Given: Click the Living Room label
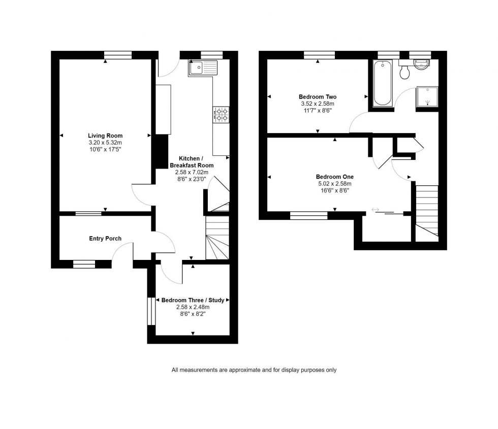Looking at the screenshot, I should [105, 136].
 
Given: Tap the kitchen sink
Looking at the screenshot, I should [202, 67].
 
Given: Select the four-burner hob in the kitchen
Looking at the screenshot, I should [221, 114].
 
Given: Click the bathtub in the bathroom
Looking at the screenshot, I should [382, 83].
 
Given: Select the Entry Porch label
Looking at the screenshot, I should [105, 239].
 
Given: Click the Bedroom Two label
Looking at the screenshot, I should [318, 97].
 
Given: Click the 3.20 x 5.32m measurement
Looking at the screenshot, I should [105, 143].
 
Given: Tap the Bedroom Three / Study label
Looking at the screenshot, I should [193, 300].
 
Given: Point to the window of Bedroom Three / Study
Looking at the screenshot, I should [151, 311].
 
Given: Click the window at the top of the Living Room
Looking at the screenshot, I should [118, 55].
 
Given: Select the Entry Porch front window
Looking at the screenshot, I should [84, 263].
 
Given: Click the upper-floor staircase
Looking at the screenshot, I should [427, 208].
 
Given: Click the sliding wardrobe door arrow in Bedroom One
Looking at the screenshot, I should [376, 209].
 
